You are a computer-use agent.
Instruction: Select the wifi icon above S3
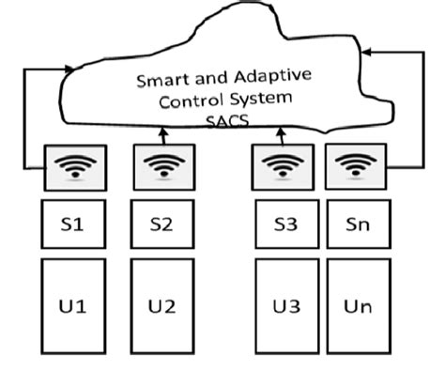point(282,167)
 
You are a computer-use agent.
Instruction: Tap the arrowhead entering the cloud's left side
point(71,69)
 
